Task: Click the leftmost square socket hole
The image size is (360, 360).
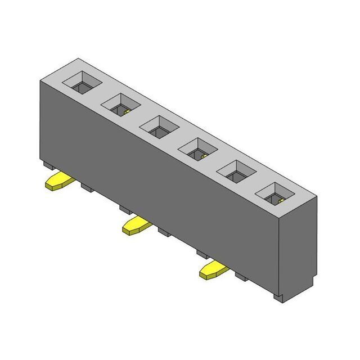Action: (x=82, y=84)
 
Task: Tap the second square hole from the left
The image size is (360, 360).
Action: (x=121, y=104)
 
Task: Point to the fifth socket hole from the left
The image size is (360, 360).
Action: (x=236, y=170)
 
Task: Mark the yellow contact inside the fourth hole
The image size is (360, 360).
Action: (x=204, y=155)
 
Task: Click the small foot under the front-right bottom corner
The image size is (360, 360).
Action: (x=279, y=296)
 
